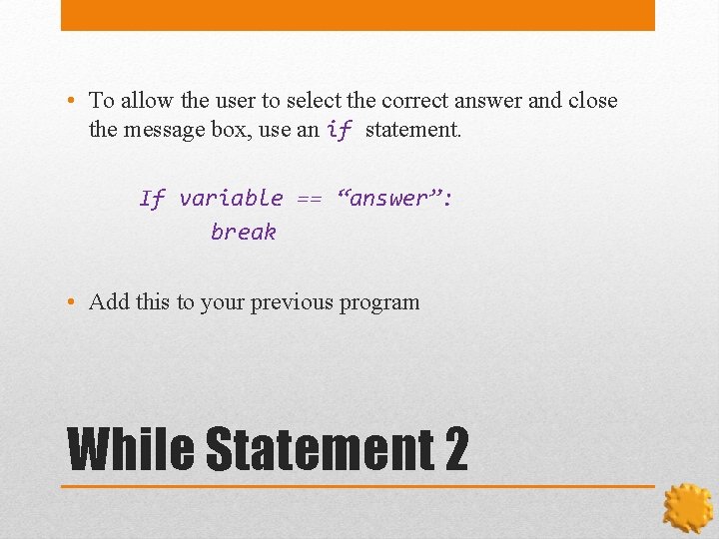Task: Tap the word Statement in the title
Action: coord(318,449)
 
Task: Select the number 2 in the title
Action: coord(454,449)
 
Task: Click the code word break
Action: coord(243,233)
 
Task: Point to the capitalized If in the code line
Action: coord(152,199)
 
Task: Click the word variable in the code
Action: coord(231,199)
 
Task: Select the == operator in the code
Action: coord(309,199)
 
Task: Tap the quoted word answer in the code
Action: coord(395,199)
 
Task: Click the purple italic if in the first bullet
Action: coord(340,131)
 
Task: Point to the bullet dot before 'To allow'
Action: coord(76,101)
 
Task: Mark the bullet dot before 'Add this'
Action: coord(76,302)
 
